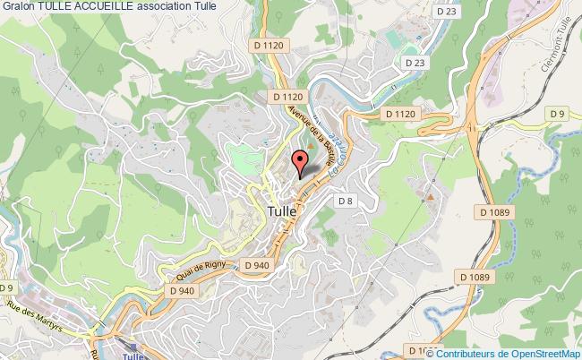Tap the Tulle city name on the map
(x=286, y=210)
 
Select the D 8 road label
(x=347, y=201)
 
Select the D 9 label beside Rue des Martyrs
(x=7, y=287)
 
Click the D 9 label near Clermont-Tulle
(x=559, y=113)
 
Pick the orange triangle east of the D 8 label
(x=431, y=194)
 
